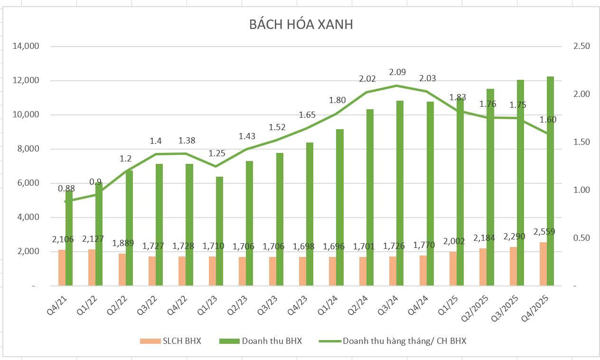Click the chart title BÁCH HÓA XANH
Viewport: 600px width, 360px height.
pos(301,25)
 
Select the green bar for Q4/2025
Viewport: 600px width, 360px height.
pos(550,180)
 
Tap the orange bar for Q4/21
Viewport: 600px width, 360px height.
pos(62,267)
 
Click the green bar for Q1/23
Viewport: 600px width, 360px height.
pos(219,231)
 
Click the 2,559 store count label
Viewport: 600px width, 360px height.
pos(544,232)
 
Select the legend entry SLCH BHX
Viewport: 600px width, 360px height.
pos(170,341)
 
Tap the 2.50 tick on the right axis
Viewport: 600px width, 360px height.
pos(581,47)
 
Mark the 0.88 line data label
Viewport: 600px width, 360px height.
pos(66,189)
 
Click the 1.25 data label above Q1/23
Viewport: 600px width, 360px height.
pos(216,153)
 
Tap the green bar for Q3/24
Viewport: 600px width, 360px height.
pos(400,193)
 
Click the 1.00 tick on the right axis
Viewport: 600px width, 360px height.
pos(581,190)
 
